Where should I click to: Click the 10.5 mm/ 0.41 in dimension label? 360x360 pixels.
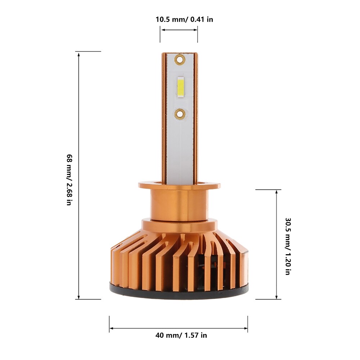coord(184,19)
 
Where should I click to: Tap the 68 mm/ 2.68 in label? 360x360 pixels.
coord(69,180)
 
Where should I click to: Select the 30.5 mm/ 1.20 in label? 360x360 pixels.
coord(288,246)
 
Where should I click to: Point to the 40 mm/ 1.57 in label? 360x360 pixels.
coord(181,335)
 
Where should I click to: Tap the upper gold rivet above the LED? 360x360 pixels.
coord(180,59)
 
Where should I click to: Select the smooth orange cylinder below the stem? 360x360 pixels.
coord(179,204)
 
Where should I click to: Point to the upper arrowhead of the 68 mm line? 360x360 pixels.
coord(79,54)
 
